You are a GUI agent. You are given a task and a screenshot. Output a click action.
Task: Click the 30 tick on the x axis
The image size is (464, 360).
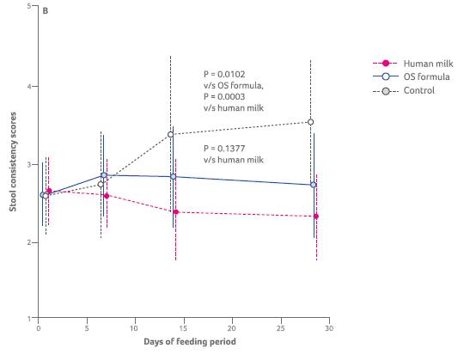click(329, 328)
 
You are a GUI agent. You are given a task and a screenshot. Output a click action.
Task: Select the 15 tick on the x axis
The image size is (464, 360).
click(183, 328)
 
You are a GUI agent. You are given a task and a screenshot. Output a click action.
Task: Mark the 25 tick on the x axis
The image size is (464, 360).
click(280, 328)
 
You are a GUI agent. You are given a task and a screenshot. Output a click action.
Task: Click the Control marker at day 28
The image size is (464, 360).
click(310, 122)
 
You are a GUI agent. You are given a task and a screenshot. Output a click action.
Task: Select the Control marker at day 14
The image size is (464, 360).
click(170, 134)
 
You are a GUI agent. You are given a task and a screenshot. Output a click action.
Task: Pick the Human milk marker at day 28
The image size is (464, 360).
click(316, 216)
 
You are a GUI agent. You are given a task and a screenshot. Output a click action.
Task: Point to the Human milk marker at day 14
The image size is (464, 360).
click(175, 211)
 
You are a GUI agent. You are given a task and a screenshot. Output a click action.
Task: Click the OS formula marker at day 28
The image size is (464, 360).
click(313, 185)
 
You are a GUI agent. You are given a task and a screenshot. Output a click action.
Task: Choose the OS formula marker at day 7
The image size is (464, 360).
click(103, 175)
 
